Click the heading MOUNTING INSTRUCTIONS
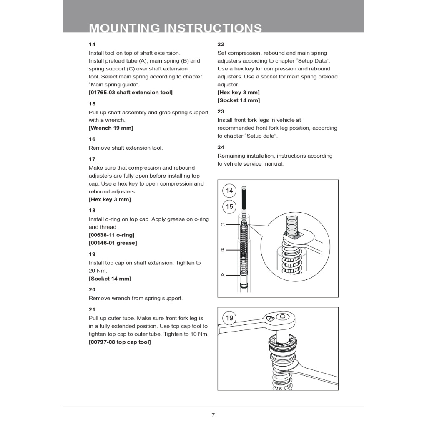click(x=176, y=28)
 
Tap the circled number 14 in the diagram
click(x=229, y=191)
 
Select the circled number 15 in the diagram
click(x=229, y=206)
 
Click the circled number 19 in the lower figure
click(x=229, y=318)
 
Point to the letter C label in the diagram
click(x=223, y=225)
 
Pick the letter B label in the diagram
click(x=223, y=250)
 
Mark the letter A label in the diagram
click(x=223, y=275)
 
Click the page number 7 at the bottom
click(x=213, y=415)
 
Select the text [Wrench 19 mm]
click(x=111, y=128)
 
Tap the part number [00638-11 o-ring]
click(x=111, y=235)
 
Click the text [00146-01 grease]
click(x=113, y=243)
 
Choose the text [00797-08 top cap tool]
click(x=120, y=342)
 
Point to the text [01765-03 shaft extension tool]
click(x=131, y=92)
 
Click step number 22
click(x=221, y=44)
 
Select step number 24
click(x=221, y=147)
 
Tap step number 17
click(x=92, y=159)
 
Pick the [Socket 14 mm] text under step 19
click(x=110, y=279)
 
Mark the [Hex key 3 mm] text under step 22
click(x=238, y=92)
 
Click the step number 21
click(x=92, y=309)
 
